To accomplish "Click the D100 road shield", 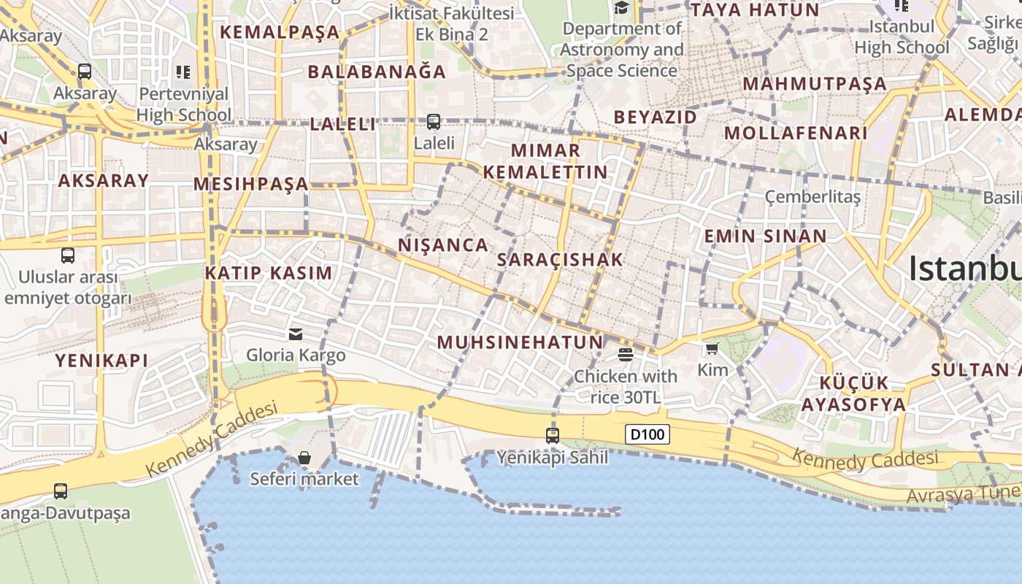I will [648, 434].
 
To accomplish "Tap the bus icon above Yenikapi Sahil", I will [553, 436].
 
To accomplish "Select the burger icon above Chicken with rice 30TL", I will [625, 355].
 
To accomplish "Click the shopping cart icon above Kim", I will [712, 349].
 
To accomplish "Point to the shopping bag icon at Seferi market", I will [304, 458].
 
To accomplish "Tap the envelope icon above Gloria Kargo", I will [296, 334].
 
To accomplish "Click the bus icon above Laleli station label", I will [434, 121].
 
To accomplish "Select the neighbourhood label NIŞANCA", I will [443, 245].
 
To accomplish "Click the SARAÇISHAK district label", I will [560, 259].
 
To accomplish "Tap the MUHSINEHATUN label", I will [520, 342].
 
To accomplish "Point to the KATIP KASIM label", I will [268, 273].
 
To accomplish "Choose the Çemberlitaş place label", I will [812, 197].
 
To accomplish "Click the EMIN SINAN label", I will [764, 236].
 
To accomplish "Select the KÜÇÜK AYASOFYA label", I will [853, 393].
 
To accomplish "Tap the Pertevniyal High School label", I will [183, 104].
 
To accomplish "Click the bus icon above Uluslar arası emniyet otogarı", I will [68, 255].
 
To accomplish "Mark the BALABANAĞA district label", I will [377, 72].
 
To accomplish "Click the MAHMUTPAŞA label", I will [814, 83].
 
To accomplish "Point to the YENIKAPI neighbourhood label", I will [101, 360].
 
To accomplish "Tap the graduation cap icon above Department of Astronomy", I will [621, 8].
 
